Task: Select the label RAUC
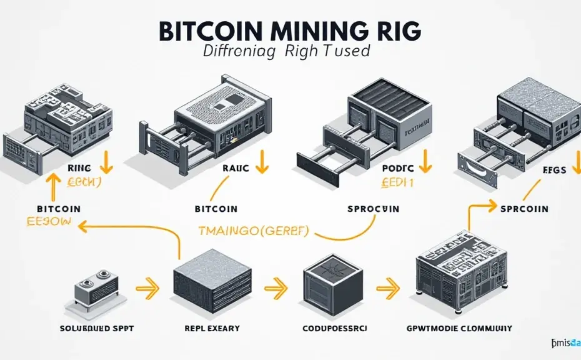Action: pyautogui.click(x=236, y=168)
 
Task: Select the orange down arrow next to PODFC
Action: pyautogui.click(x=426, y=164)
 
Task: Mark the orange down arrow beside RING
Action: pyautogui.click(x=106, y=164)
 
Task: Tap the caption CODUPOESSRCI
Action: pyautogui.click(x=336, y=327)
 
